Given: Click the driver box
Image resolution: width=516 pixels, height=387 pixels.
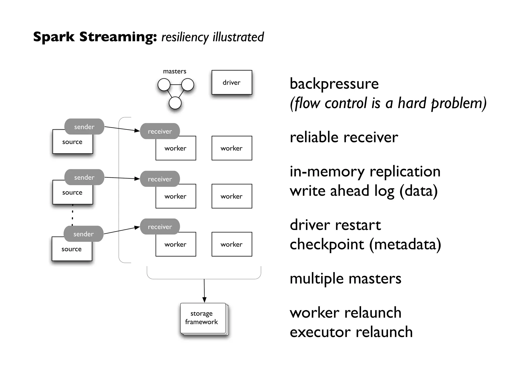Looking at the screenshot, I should click(x=232, y=82).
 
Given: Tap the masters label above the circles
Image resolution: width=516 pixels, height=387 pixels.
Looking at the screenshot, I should click(x=174, y=71).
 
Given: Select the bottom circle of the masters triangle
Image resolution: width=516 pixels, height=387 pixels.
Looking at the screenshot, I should click(x=175, y=103).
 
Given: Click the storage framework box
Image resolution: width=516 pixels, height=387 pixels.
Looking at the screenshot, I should click(x=203, y=318).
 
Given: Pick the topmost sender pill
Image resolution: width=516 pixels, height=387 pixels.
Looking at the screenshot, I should click(x=84, y=126).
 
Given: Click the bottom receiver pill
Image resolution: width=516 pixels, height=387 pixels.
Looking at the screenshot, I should click(x=160, y=227).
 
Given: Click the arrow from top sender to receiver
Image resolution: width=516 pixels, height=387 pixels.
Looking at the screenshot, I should click(x=122, y=129).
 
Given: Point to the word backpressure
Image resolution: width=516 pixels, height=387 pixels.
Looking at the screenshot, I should click(x=334, y=84).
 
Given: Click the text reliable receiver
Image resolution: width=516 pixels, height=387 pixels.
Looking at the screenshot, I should click(x=344, y=138).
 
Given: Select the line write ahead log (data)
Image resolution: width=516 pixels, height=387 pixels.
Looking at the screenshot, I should click(x=363, y=191).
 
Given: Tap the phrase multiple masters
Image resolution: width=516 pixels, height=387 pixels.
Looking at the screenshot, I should click(x=345, y=279).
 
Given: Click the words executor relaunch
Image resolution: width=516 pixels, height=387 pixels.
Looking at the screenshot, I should click(x=351, y=332).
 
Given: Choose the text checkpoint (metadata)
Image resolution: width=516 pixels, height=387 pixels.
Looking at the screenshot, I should click(x=365, y=244).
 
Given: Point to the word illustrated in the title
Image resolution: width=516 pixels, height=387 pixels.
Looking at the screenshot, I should click(x=238, y=37).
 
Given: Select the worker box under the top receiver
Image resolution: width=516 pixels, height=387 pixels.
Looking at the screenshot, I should click(x=176, y=150).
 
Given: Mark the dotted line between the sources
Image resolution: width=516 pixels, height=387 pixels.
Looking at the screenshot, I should click(x=73, y=215).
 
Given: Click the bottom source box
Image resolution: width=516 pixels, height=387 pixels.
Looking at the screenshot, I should click(x=72, y=251).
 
